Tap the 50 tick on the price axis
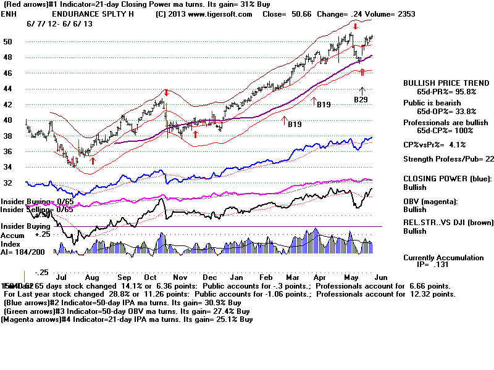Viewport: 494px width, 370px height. click(9, 41)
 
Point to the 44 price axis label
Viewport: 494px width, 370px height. click(9, 89)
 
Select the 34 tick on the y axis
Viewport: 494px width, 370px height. click(9, 167)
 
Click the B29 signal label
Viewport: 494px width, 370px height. click(361, 99)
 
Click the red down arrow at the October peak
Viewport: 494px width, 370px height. click(166, 93)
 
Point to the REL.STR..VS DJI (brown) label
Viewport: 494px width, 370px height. click(445, 223)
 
